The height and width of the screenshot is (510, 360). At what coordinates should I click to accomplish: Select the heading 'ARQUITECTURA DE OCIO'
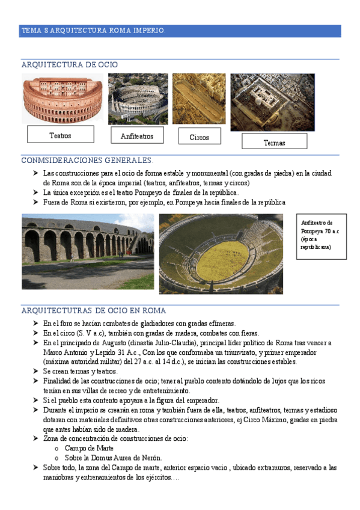[70, 65]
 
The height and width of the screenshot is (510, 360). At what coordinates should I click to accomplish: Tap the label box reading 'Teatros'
[60, 135]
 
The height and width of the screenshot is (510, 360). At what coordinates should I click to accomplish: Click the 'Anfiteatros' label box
[137, 136]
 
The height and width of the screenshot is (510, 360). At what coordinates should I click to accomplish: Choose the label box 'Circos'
[200, 137]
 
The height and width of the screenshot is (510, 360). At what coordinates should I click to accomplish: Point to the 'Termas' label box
[274, 143]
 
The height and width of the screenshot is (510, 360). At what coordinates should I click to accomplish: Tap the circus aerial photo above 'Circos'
[199, 98]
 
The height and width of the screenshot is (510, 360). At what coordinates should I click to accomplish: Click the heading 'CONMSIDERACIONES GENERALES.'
[87, 161]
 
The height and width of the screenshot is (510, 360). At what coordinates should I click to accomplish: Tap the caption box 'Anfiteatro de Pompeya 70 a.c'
[317, 235]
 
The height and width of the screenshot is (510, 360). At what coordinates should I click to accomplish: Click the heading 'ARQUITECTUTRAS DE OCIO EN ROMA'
[94, 311]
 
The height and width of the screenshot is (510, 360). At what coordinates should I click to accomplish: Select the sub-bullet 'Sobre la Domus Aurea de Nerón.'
[113, 458]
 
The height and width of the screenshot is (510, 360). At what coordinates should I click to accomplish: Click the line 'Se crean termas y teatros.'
[80, 372]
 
